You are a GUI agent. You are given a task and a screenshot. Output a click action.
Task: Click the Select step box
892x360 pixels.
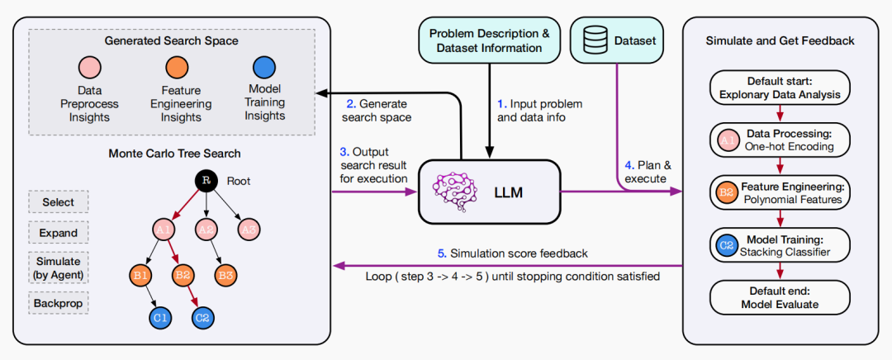(x=59, y=202)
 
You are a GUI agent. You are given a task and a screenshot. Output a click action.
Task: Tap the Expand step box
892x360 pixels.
(x=59, y=233)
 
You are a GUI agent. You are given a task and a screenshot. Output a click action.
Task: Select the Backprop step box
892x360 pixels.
(x=59, y=303)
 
